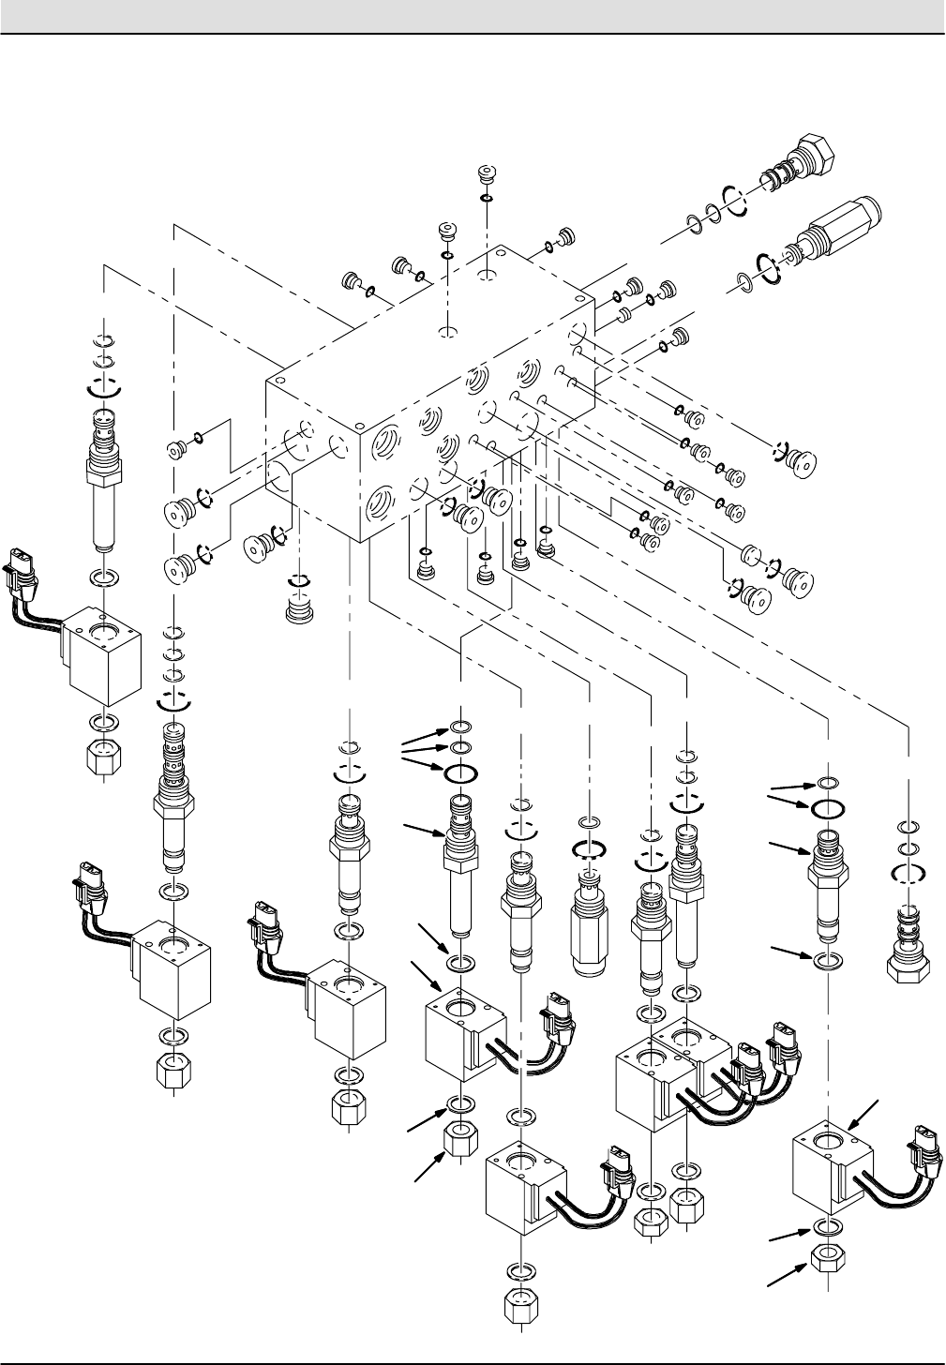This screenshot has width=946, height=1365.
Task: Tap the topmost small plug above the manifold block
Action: pos(486,176)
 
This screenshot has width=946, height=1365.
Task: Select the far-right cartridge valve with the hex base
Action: pos(907,947)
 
